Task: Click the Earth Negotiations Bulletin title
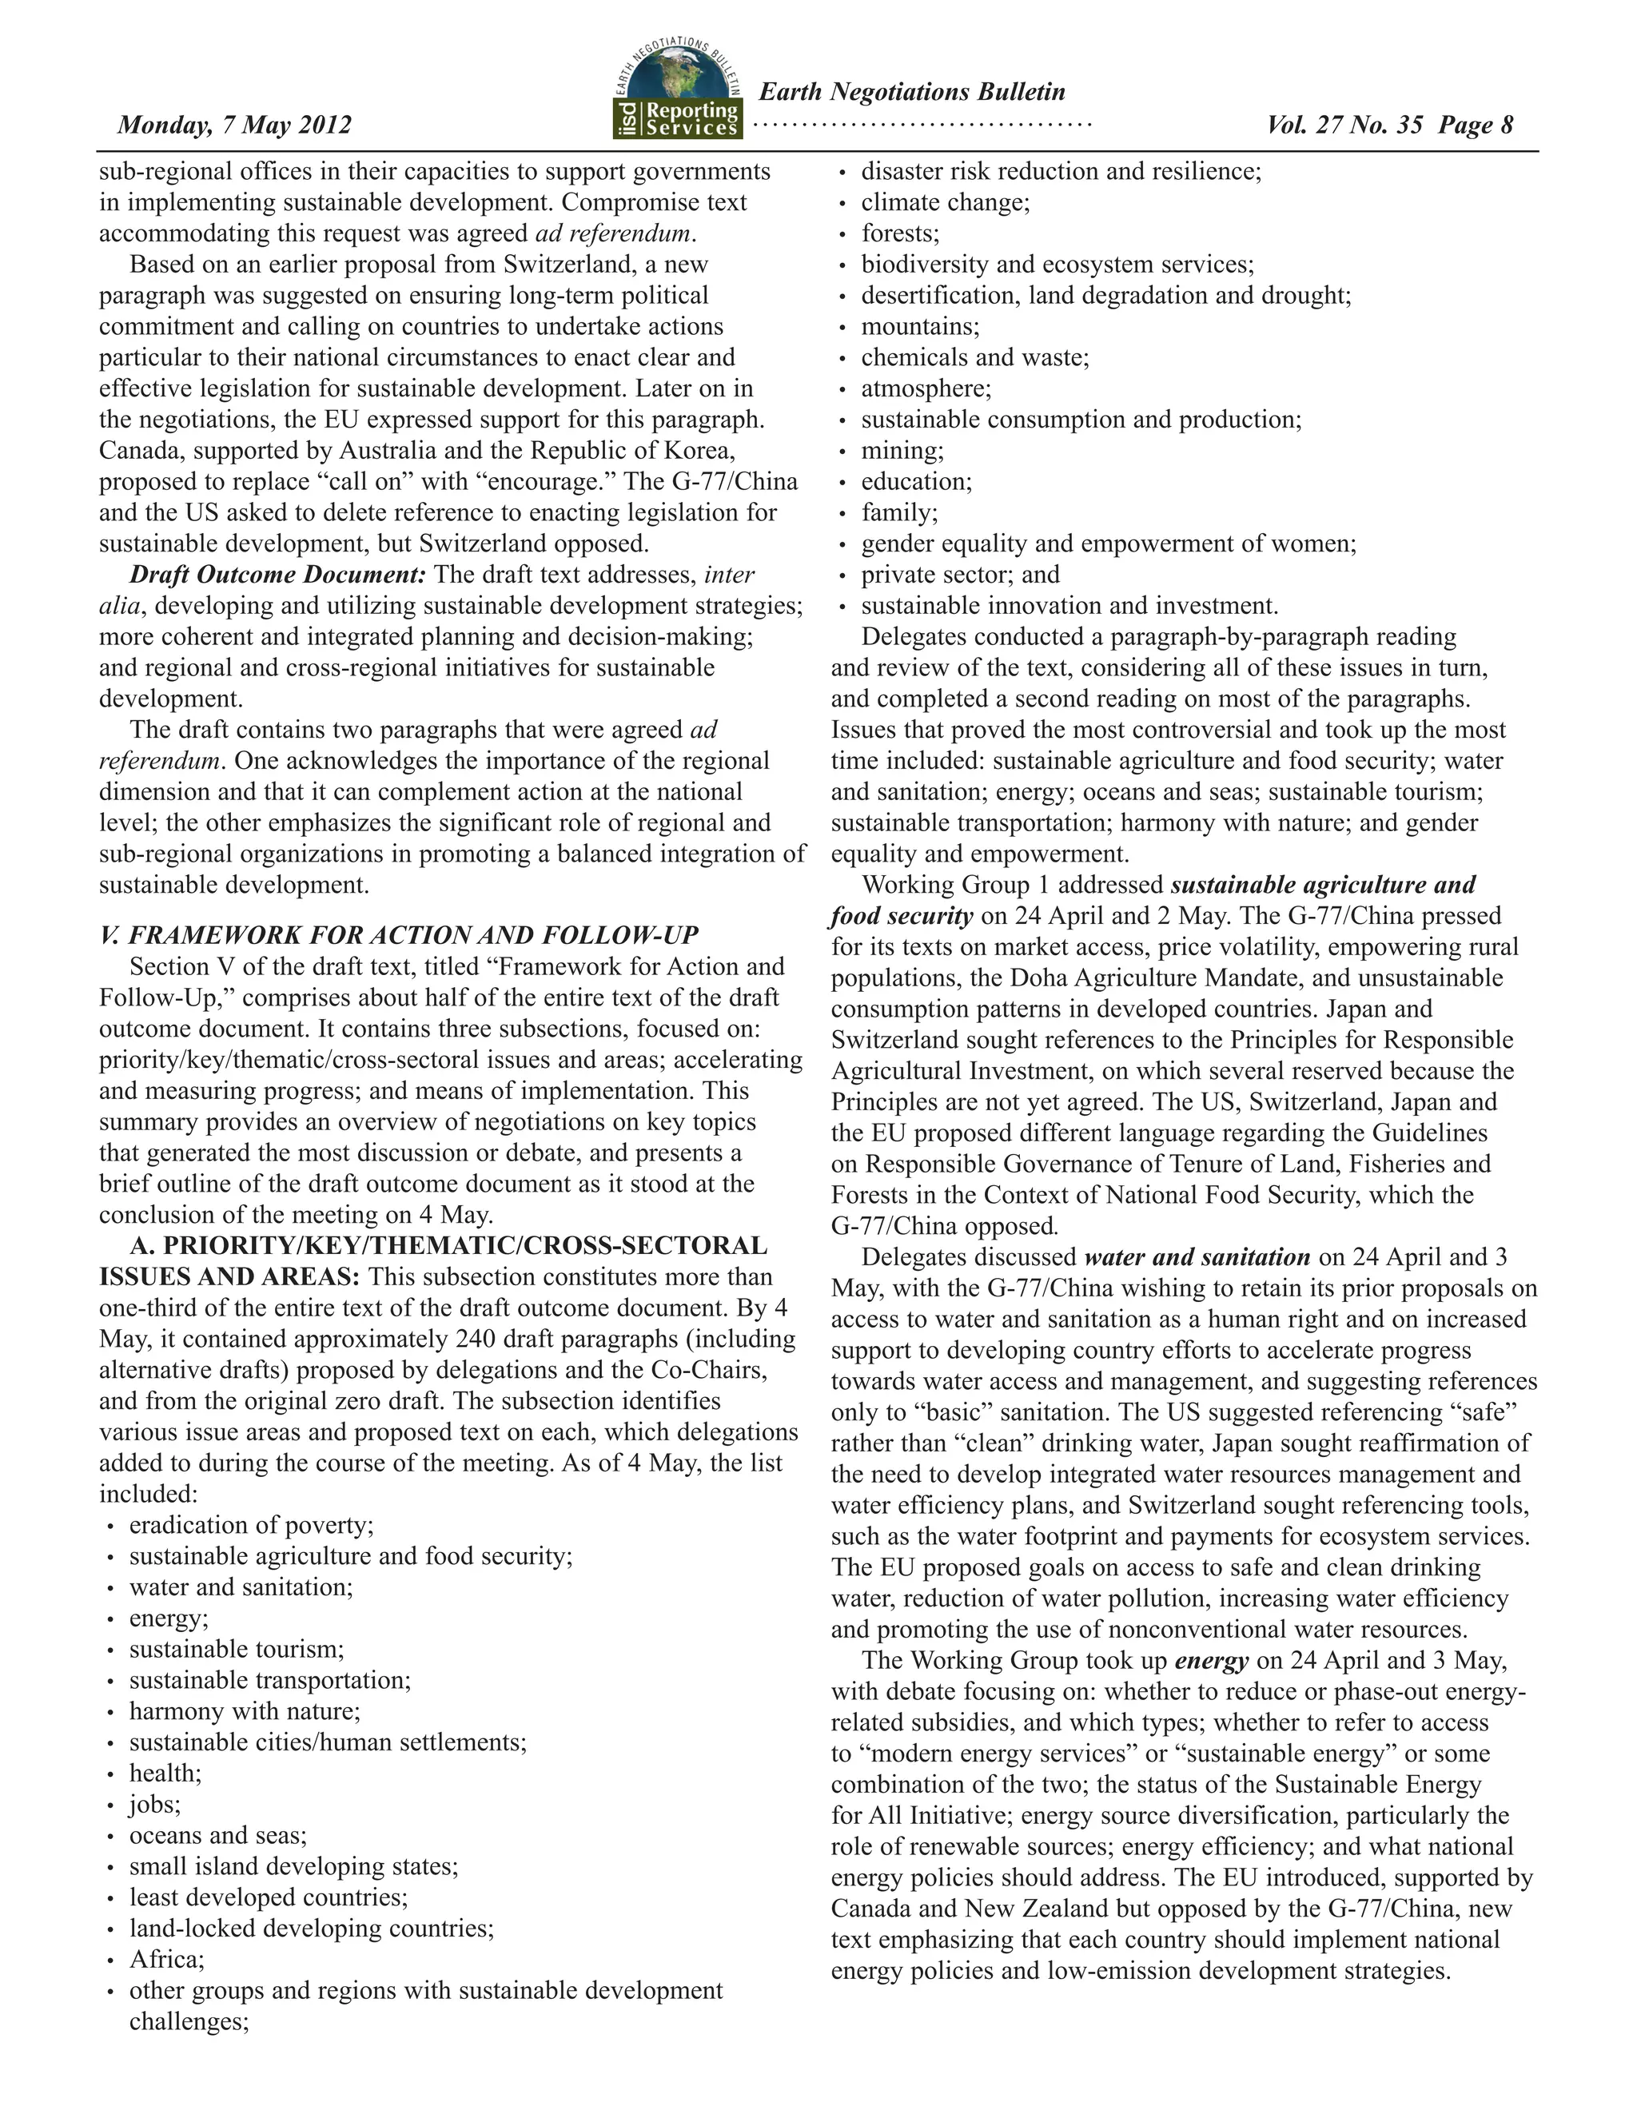click(911, 92)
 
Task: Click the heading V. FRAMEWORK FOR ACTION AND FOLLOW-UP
click(399, 935)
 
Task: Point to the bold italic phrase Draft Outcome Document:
click(277, 575)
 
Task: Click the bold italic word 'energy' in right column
click(1211, 1662)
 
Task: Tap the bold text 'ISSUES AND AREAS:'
click(229, 1277)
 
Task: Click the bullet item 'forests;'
click(900, 233)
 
